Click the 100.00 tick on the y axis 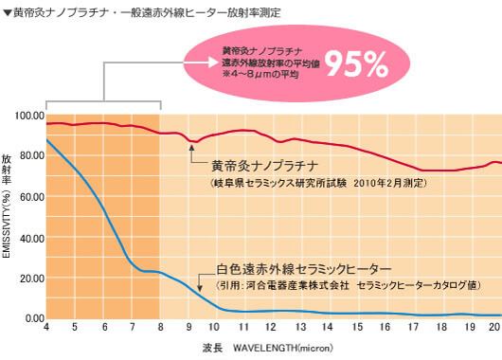pos(31,115)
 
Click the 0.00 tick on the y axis pos(35,317)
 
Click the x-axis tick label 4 pos(46,328)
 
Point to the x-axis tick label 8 pos(159,328)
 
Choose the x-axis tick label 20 pos(493,328)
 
